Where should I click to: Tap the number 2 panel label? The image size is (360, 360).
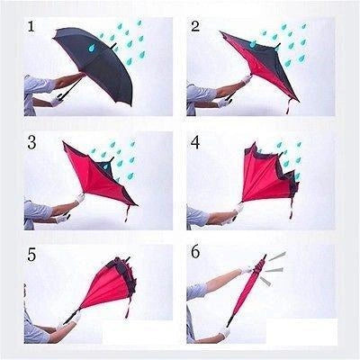(195, 27)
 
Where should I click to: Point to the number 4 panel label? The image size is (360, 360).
(196, 142)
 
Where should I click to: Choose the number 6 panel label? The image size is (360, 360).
(196, 256)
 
